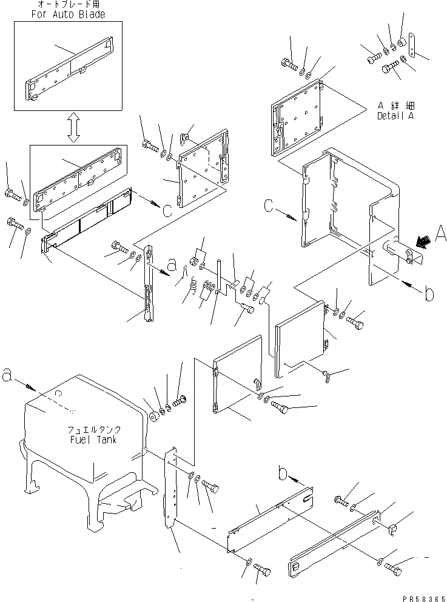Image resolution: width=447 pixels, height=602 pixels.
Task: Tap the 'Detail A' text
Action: [x=395, y=115]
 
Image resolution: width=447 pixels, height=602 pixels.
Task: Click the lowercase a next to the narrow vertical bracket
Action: [x=172, y=264]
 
